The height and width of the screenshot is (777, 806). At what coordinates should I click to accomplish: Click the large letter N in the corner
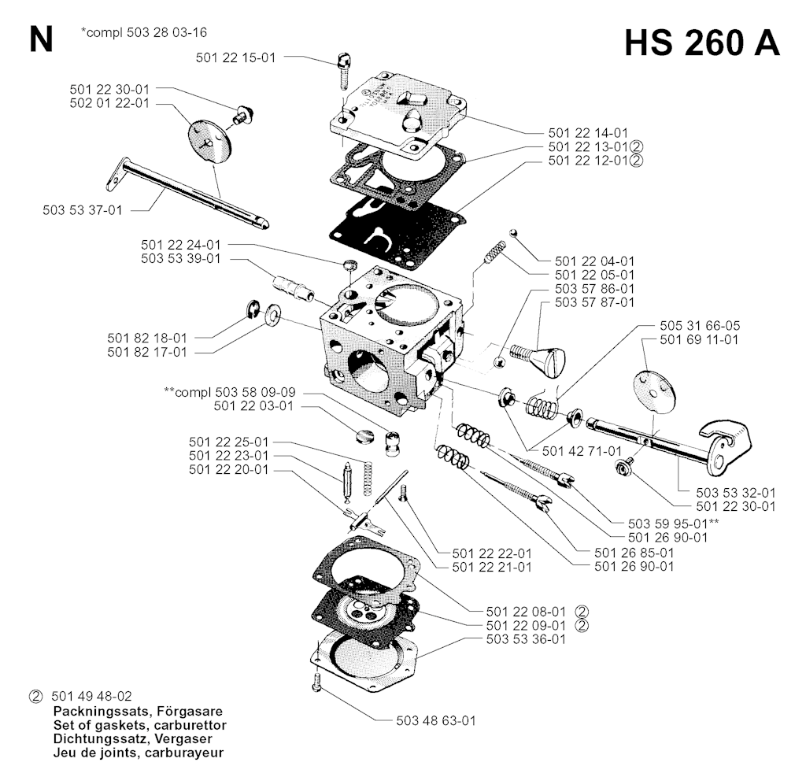(40, 39)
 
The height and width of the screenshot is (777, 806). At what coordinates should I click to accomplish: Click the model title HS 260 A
(702, 44)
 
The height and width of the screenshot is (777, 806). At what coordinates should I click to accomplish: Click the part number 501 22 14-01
(589, 132)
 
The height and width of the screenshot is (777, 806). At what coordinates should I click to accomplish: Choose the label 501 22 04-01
(594, 261)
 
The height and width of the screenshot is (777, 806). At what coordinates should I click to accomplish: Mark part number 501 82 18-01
(147, 338)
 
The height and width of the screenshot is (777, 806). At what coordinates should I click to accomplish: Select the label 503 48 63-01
(436, 720)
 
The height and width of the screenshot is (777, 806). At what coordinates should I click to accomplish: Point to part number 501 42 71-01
(582, 450)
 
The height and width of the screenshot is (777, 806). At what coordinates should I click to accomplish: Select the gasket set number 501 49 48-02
(91, 696)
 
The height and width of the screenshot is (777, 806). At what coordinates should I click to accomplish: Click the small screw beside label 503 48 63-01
(316, 682)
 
